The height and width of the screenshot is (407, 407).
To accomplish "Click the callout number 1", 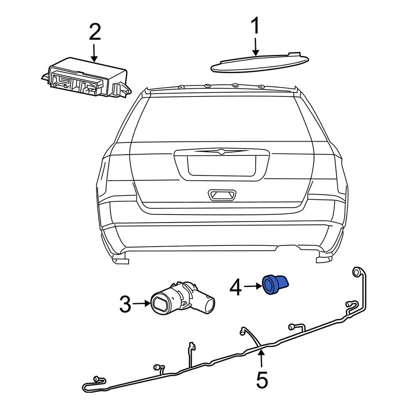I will pos(255,26).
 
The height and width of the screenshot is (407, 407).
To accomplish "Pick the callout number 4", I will pos(238,288).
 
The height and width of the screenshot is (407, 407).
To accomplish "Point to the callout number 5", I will pos(262,380).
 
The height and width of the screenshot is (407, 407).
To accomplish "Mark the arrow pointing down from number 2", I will pos(94,53).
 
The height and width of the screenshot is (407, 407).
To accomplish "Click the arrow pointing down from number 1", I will pos(255,47).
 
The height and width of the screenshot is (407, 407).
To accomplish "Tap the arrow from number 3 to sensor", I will pos(142,303).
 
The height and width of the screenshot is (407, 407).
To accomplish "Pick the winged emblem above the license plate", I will pos(220,152).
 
